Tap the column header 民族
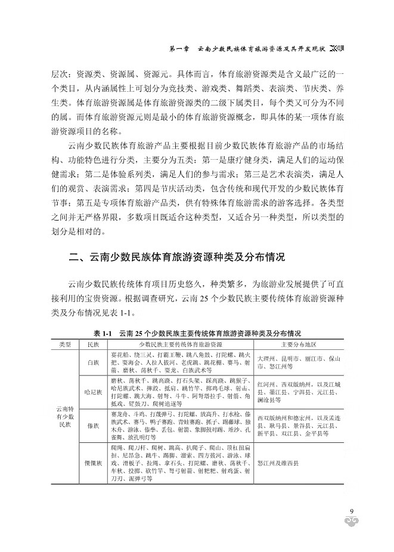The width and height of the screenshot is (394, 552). (x=93, y=345)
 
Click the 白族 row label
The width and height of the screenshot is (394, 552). (x=93, y=362)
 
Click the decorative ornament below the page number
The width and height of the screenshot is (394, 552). (x=352, y=523)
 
